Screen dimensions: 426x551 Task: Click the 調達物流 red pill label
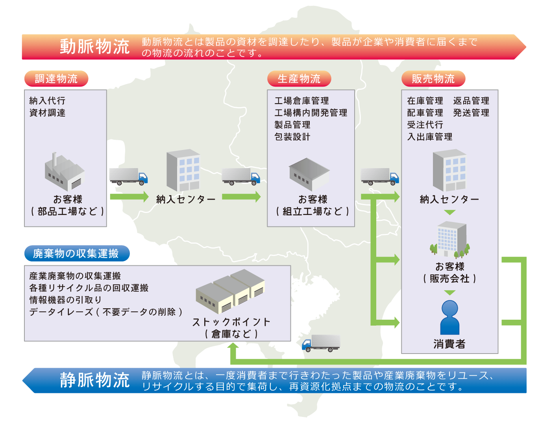tap(56, 79)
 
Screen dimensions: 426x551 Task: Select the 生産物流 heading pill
tap(299, 79)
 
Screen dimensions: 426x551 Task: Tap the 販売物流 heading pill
tap(433, 79)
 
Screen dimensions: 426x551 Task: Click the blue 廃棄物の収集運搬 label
tap(76, 254)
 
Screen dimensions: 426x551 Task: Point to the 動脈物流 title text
tap(94, 47)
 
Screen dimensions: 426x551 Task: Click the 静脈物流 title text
tap(94, 380)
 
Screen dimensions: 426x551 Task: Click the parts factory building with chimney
tap(64, 172)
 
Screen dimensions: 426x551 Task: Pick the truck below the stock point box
tap(321, 343)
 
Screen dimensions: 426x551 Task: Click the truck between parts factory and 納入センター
tap(128, 176)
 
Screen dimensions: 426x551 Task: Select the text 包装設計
tap(292, 137)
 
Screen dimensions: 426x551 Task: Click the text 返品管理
tap(471, 101)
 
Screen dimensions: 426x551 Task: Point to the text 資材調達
tap(47, 113)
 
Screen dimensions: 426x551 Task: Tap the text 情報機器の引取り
tap(65, 300)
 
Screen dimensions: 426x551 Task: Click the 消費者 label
tap(449, 344)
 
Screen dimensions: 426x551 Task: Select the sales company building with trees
tap(450, 239)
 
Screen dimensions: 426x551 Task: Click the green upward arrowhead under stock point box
tap(233, 346)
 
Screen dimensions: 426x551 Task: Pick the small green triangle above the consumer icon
tap(449, 293)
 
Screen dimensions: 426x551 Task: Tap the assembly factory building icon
tap(309, 174)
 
